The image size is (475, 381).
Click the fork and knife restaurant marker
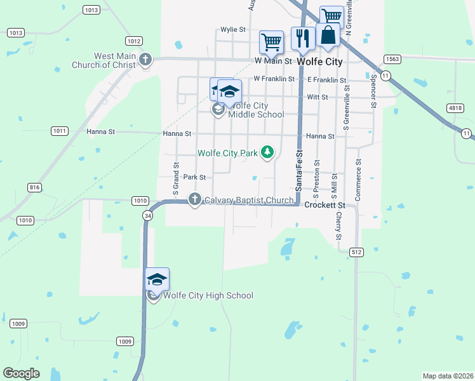(303, 38)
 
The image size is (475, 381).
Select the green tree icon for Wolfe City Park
(268, 152)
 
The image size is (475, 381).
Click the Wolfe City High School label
(208, 295)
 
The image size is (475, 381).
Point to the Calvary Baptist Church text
(250, 201)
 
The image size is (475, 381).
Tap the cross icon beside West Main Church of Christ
(145, 60)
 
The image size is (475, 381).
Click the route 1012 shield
(133, 41)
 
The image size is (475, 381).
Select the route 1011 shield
(60, 131)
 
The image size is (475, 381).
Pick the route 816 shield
(34, 187)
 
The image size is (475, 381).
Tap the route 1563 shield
(392, 58)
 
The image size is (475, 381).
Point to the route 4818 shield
(455, 108)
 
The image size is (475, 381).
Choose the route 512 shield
(356, 252)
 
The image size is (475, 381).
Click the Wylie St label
(233, 29)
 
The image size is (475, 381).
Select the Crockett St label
(324, 205)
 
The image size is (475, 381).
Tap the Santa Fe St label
(298, 170)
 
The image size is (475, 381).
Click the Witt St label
(317, 97)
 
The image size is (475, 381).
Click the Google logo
(22, 373)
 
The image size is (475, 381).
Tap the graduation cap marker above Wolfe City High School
(157, 279)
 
